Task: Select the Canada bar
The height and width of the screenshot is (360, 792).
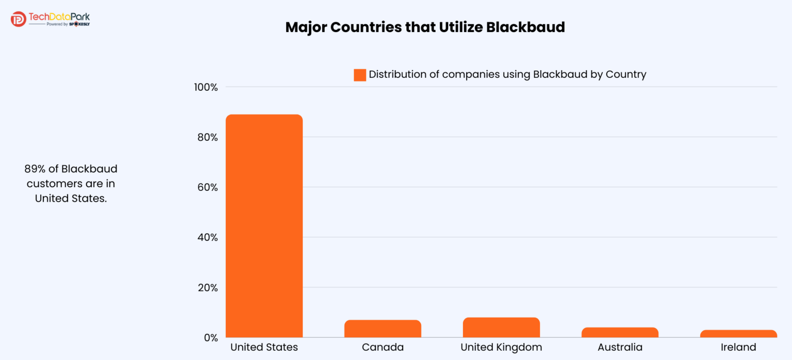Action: click(x=383, y=329)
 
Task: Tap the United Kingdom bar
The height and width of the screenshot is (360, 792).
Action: click(x=501, y=328)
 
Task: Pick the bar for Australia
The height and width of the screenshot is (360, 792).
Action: click(x=620, y=333)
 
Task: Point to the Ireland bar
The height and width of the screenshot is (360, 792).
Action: click(x=738, y=334)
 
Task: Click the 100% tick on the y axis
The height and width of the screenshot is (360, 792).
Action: click(x=206, y=87)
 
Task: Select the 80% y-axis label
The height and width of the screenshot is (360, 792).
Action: click(x=207, y=137)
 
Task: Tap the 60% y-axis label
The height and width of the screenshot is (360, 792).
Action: click(x=207, y=187)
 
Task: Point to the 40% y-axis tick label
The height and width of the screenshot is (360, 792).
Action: click(x=207, y=237)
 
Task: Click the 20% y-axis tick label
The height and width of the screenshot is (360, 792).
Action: click(x=207, y=287)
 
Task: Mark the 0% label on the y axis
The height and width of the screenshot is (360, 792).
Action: click(x=209, y=338)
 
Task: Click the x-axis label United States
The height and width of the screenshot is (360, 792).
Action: click(x=264, y=347)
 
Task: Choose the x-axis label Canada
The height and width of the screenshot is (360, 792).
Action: click(x=383, y=347)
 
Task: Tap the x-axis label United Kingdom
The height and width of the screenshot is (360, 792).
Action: click(x=501, y=347)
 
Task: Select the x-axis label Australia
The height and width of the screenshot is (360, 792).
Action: click(x=620, y=347)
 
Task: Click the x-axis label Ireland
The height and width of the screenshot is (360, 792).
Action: click(x=738, y=347)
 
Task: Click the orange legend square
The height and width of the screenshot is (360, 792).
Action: click(x=359, y=75)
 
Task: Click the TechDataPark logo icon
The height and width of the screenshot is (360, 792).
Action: click(x=18, y=19)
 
